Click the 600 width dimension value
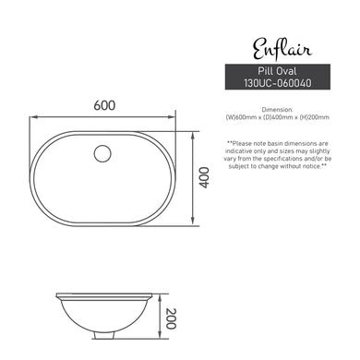tap(103, 106)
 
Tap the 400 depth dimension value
tap(205, 178)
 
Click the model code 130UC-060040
tap(275, 82)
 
